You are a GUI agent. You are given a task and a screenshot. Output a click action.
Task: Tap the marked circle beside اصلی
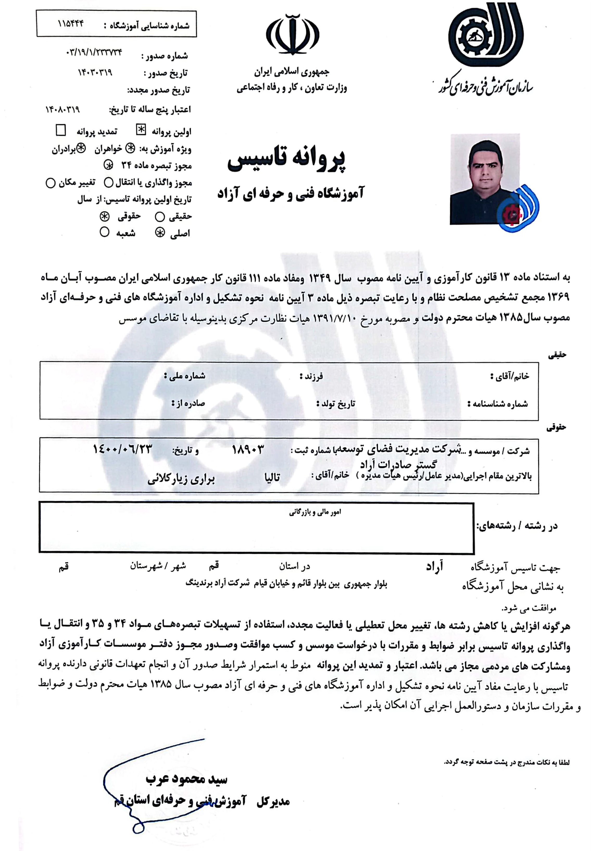pyautogui.click(x=160, y=233)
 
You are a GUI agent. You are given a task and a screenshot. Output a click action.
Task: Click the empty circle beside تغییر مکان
pyautogui.click(x=50, y=183)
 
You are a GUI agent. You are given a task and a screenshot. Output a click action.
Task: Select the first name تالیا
pyautogui.click(x=272, y=478)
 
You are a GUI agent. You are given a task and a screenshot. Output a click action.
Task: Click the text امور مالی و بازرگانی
pyautogui.click(x=315, y=512)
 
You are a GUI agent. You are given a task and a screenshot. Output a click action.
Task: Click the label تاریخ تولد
pyautogui.click(x=336, y=404)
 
